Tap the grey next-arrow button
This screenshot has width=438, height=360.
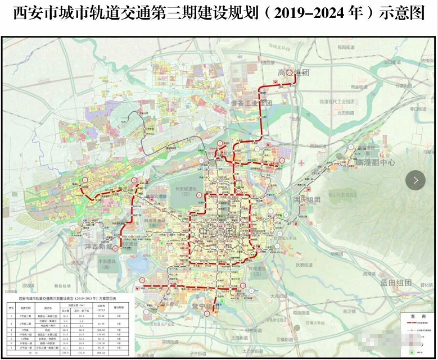(416, 180)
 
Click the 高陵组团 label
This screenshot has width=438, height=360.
(293, 72)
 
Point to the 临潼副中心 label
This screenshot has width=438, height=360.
(376, 162)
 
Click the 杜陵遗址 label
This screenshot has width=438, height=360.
(259, 270)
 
